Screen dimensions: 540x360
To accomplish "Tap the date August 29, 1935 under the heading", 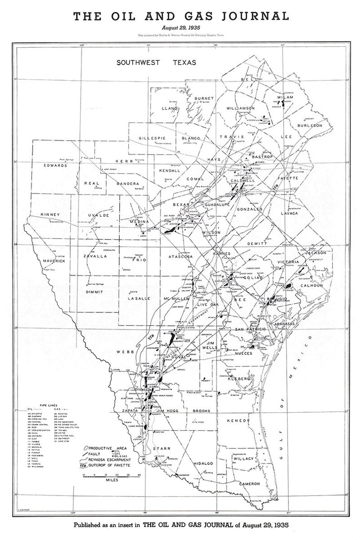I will (x=180, y=28).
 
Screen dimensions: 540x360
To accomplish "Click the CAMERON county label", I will (x=249, y=484).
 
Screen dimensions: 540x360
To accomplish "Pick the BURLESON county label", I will (x=310, y=125).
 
